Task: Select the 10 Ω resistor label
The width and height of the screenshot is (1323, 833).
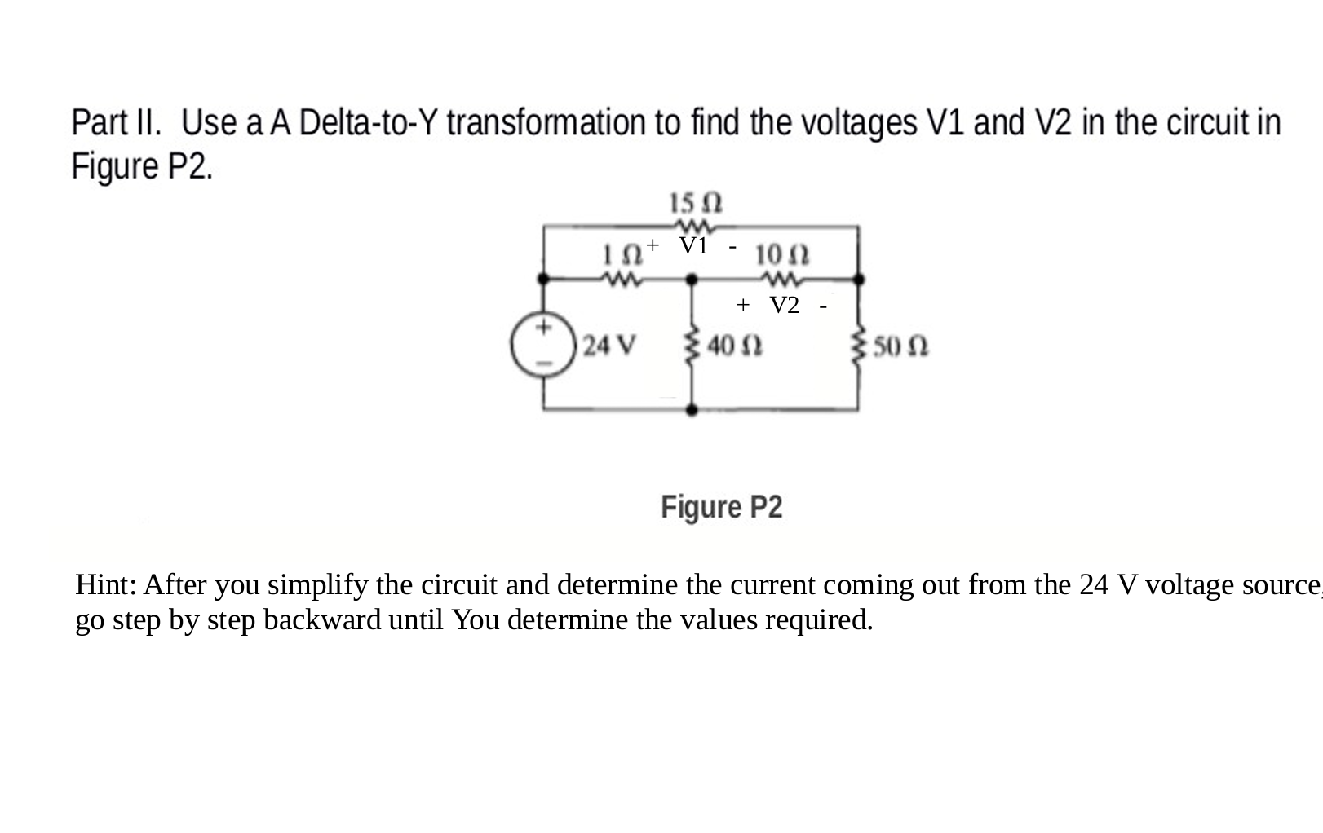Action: click(782, 254)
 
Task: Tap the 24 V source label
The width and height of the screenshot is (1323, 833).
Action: click(609, 346)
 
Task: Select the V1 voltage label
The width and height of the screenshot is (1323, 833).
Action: click(694, 245)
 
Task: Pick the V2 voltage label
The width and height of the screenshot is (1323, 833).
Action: click(785, 305)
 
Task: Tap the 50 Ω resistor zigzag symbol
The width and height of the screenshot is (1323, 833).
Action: click(858, 348)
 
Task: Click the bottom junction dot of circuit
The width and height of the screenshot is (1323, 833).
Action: click(692, 410)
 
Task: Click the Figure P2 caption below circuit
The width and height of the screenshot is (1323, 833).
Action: click(721, 507)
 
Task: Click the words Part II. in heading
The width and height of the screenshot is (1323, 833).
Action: click(116, 124)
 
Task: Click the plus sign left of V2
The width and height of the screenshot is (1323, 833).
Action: click(742, 305)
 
